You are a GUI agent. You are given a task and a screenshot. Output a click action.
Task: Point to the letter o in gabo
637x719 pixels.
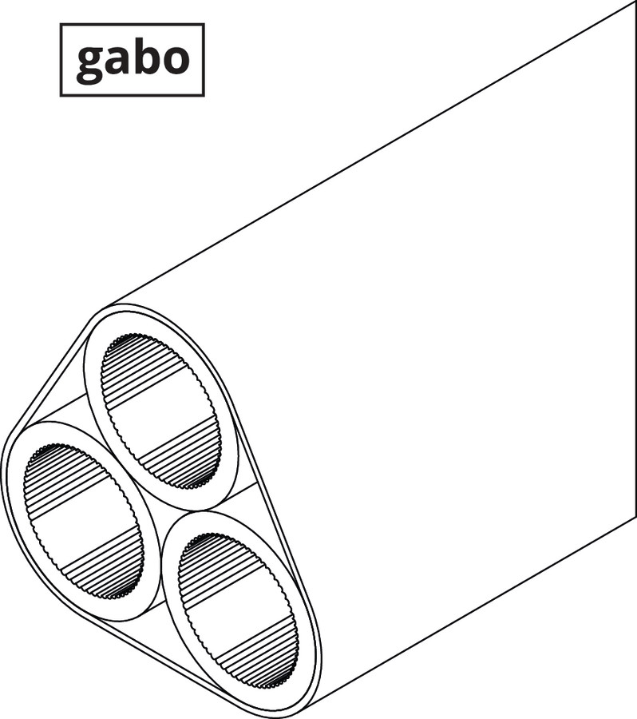pos(175,60)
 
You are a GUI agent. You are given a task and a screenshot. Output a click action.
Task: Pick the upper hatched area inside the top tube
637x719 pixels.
pos(146,367)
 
